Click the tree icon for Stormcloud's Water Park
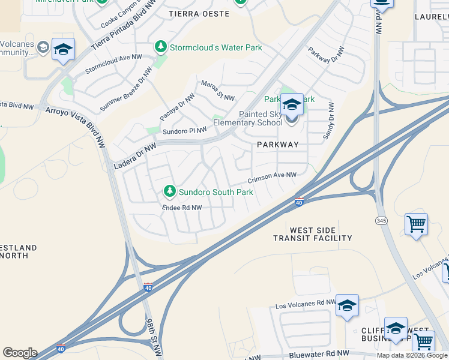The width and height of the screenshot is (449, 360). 160,46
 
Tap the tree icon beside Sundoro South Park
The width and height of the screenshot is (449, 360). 170,191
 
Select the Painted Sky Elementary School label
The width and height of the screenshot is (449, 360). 261,118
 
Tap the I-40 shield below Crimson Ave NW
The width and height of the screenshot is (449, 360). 299,203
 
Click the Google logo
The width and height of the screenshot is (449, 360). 20,353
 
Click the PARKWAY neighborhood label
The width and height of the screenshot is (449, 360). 277,145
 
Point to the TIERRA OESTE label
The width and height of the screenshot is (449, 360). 199,13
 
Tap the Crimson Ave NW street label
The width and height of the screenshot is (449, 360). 273,177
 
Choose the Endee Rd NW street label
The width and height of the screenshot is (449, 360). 182,208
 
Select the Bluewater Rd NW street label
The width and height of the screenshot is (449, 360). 319,354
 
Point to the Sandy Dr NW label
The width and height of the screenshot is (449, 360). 328,121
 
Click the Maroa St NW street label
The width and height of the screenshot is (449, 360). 217,91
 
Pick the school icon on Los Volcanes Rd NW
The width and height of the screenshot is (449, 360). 347,306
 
